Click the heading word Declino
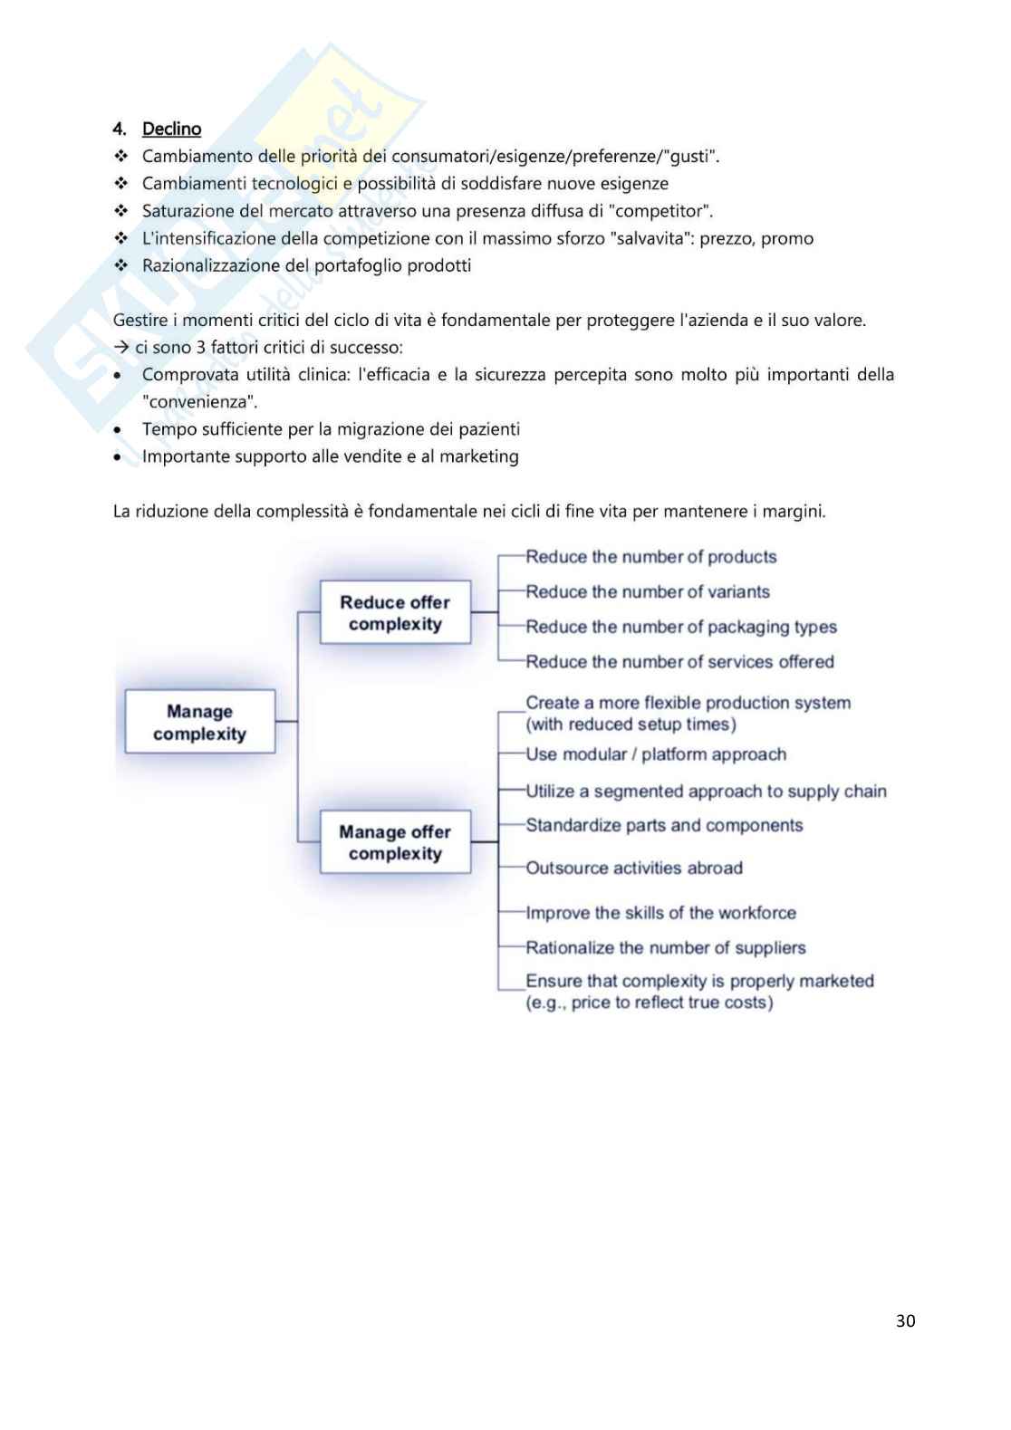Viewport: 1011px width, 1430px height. click(x=171, y=129)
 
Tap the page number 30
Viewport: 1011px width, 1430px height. click(x=905, y=1320)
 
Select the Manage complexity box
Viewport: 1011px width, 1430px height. click(x=199, y=722)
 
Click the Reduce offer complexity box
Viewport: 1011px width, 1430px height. click(x=395, y=613)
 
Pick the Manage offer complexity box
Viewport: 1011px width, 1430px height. click(x=395, y=842)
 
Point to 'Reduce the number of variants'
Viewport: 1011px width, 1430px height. click(x=647, y=591)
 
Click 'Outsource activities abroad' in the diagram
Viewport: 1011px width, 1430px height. click(x=633, y=868)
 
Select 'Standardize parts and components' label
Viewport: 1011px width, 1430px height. click(x=664, y=825)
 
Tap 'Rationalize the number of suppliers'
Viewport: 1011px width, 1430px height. click(x=665, y=947)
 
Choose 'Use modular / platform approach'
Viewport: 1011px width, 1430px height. click(x=656, y=754)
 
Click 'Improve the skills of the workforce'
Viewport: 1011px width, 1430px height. click(x=660, y=913)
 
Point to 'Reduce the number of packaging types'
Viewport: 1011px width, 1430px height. click(x=680, y=627)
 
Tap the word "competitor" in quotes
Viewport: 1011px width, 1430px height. click(x=663, y=211)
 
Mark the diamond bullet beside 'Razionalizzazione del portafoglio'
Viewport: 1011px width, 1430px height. click(x=121, y=265)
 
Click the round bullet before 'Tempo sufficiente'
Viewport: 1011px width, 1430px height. click(x=118, y=429)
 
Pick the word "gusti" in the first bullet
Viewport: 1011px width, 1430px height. click(x=689, y=156)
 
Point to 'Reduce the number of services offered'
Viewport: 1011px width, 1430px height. click(x=679, y=661)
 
